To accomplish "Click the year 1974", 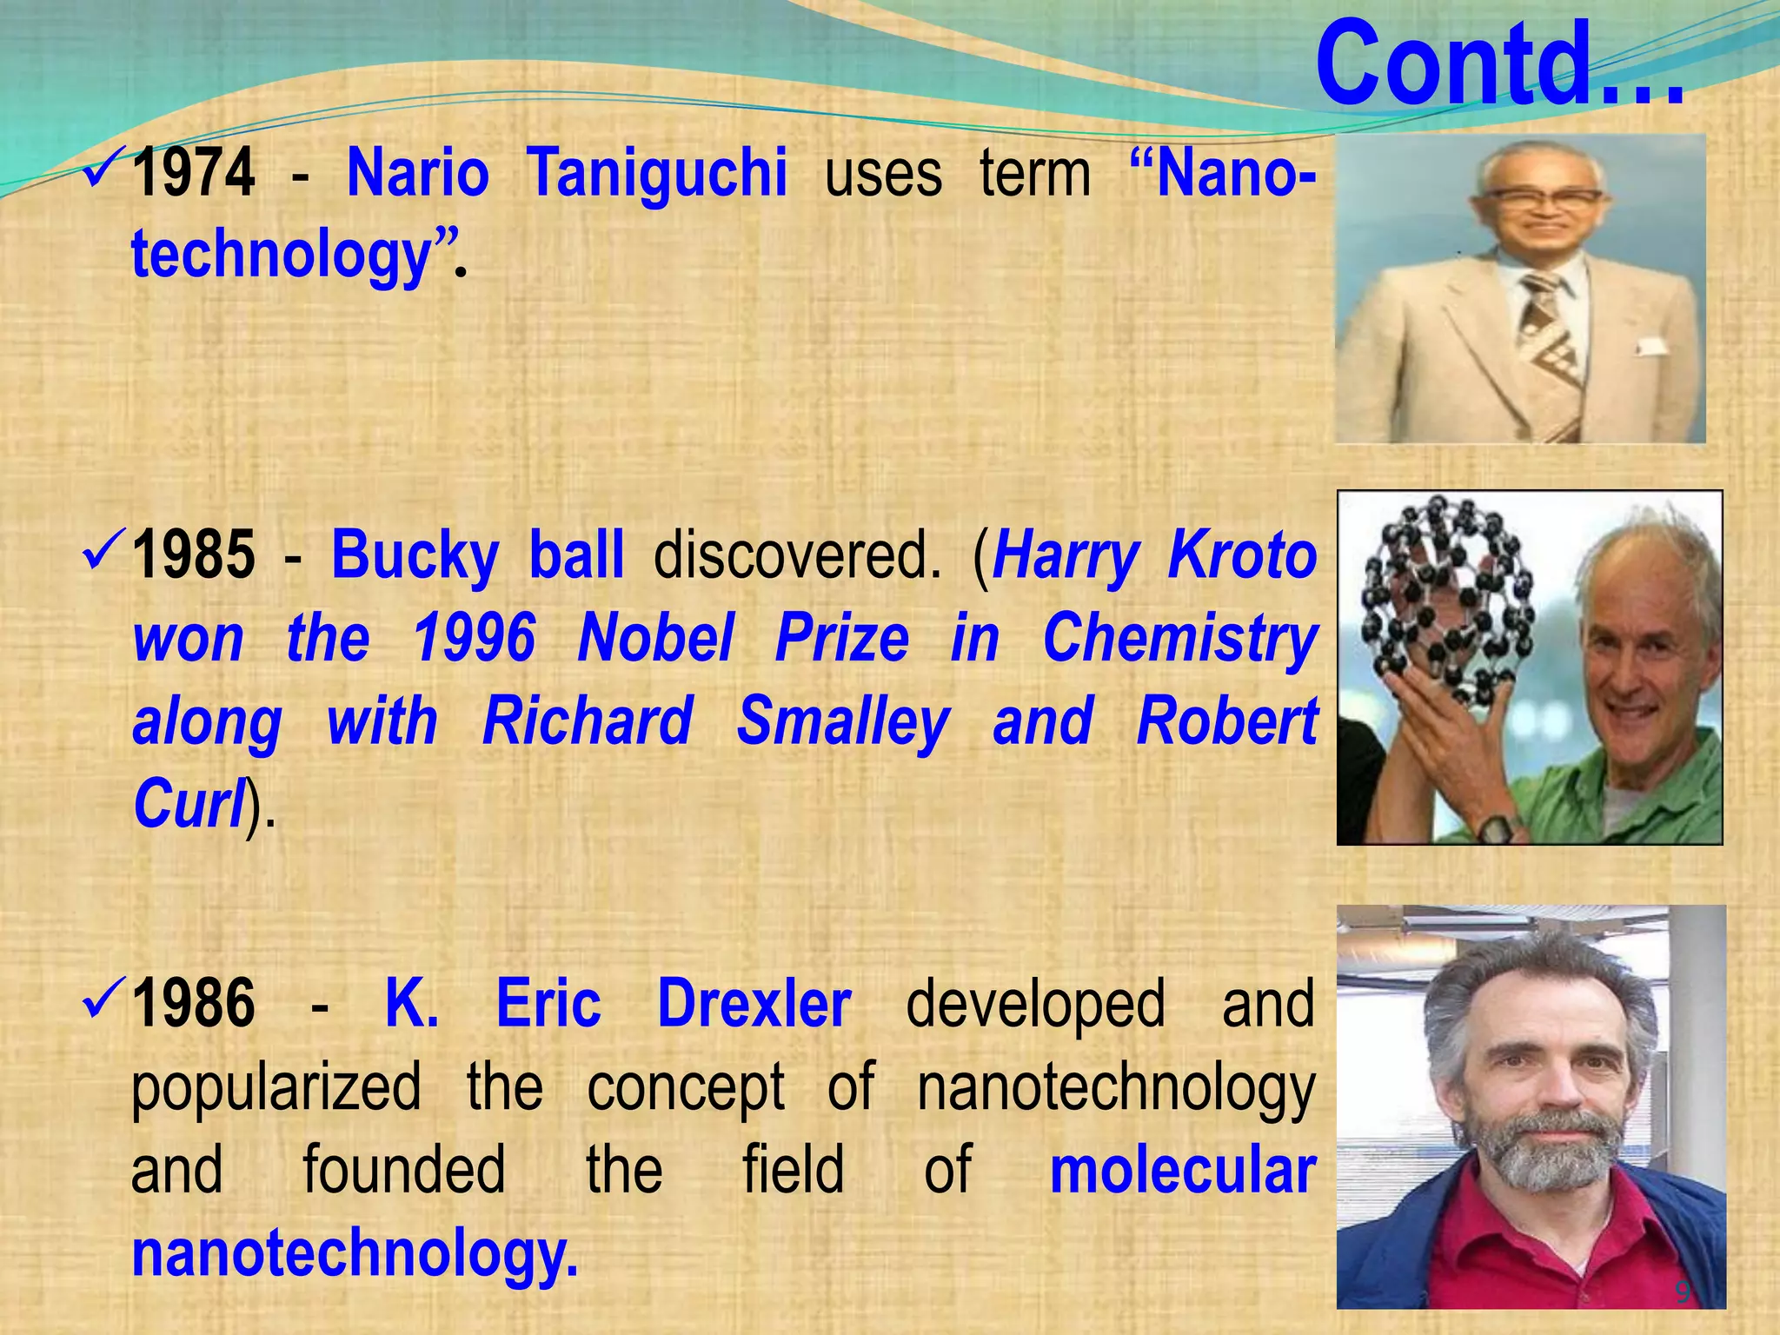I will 194,172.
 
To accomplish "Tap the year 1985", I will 194,555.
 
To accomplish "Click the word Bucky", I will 415,555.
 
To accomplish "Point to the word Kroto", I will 1243,555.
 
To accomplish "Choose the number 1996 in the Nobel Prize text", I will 474,638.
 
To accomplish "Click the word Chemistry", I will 1180,638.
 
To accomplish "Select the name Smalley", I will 842,721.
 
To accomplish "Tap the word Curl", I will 188,803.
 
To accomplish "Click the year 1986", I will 194,1003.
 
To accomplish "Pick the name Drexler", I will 754,1003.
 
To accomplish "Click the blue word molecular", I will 1182,1170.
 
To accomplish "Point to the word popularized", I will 276,1086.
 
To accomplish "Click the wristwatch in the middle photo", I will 1497,827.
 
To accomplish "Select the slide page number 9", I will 1683,1292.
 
